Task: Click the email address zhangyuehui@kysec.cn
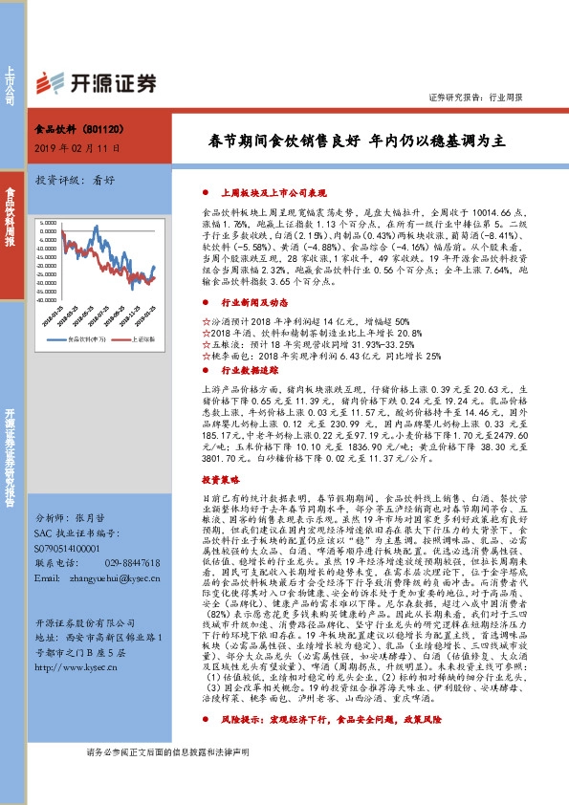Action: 117,579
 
